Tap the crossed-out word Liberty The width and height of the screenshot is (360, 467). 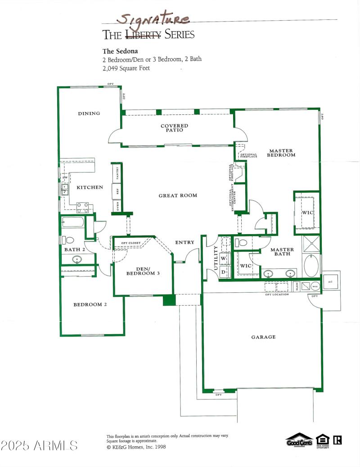click(143, 35)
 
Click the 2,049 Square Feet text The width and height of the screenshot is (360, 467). click(126, 68)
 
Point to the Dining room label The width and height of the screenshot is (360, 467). click(89, 113)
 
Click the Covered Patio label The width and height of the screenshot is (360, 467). click(174, 128)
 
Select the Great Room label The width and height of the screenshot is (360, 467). click(178, 195)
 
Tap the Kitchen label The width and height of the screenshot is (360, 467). click(90, 187)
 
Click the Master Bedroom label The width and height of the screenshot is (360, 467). click(282, 153)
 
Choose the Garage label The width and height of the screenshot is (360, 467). click(263, 337)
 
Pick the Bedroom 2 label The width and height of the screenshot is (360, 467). click(90, 304)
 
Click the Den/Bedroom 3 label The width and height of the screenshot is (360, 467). click(142, 271)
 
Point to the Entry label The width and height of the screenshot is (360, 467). click(184, 242)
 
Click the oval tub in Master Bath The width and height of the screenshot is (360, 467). click(311, 266)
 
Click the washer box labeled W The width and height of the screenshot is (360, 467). click(223, 258)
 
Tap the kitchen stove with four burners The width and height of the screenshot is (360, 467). click(82, 207)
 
